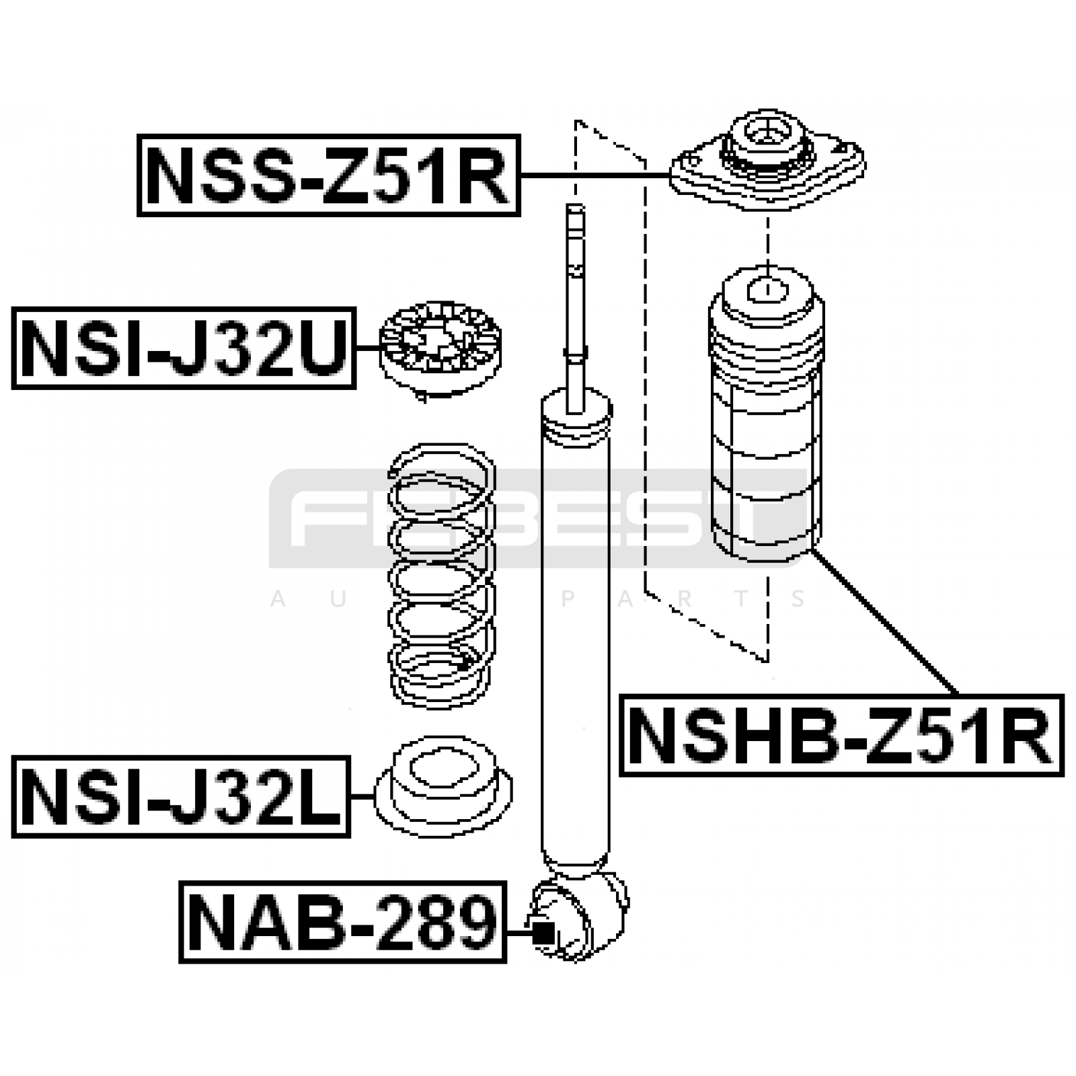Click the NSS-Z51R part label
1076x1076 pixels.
pyautogui.click(x=328, y=176)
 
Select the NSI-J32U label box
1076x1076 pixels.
pyautogui.click(x=184, y=348)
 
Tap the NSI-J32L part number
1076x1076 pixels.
pyautogui.click(x=181, y=796)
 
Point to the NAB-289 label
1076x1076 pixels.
pyautogui.click(x=342, y=922)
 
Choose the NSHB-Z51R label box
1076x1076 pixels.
pyautogui.click(x=841, y=736)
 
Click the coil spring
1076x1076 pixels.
pyautogui.click(x=442, y=575)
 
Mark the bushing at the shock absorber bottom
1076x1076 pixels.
pyautogui.click(x=580, y=916)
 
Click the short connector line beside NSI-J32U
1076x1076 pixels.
pyautogui.click(x=368, y=348)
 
